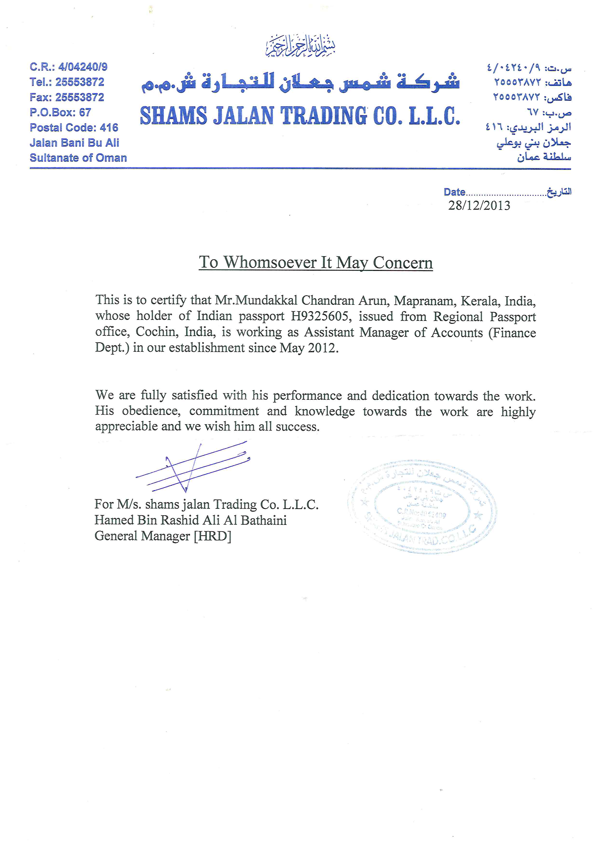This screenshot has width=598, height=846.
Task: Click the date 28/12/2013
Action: point(479,206)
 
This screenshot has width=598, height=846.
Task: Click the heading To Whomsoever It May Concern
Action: point(316,262)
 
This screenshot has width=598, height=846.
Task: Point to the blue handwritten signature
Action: point(191,467)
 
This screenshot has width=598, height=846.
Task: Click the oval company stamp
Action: point(422,507)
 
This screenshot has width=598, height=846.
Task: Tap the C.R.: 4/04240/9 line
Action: point(68,67)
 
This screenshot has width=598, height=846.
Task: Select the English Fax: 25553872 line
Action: point(67,97)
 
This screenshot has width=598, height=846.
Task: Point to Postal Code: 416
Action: point(74,127)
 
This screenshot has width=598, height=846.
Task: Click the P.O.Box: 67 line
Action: point(60,112)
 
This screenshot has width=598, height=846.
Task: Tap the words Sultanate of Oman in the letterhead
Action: point(78,158)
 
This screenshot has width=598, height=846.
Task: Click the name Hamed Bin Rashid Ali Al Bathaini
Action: point(190,520)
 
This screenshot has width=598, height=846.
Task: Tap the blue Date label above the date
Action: point(454,192)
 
